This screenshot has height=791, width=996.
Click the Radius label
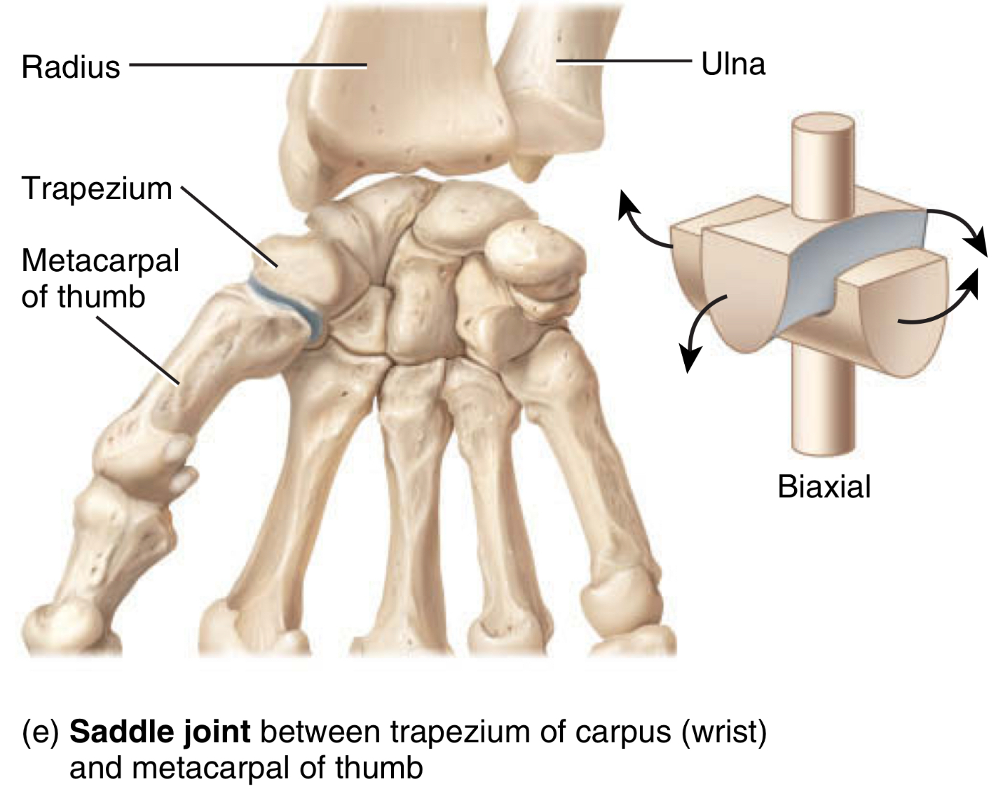point(71,67)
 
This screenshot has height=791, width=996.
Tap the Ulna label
point(732,64)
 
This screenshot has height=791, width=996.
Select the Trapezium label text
point(97,188)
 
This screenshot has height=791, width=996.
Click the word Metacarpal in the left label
point(100,261)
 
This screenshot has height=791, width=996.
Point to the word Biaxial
point(824,486)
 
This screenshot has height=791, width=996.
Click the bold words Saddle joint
point(160,732)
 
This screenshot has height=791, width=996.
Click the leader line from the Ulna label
point(624,62)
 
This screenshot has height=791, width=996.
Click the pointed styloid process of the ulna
point(530,168)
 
